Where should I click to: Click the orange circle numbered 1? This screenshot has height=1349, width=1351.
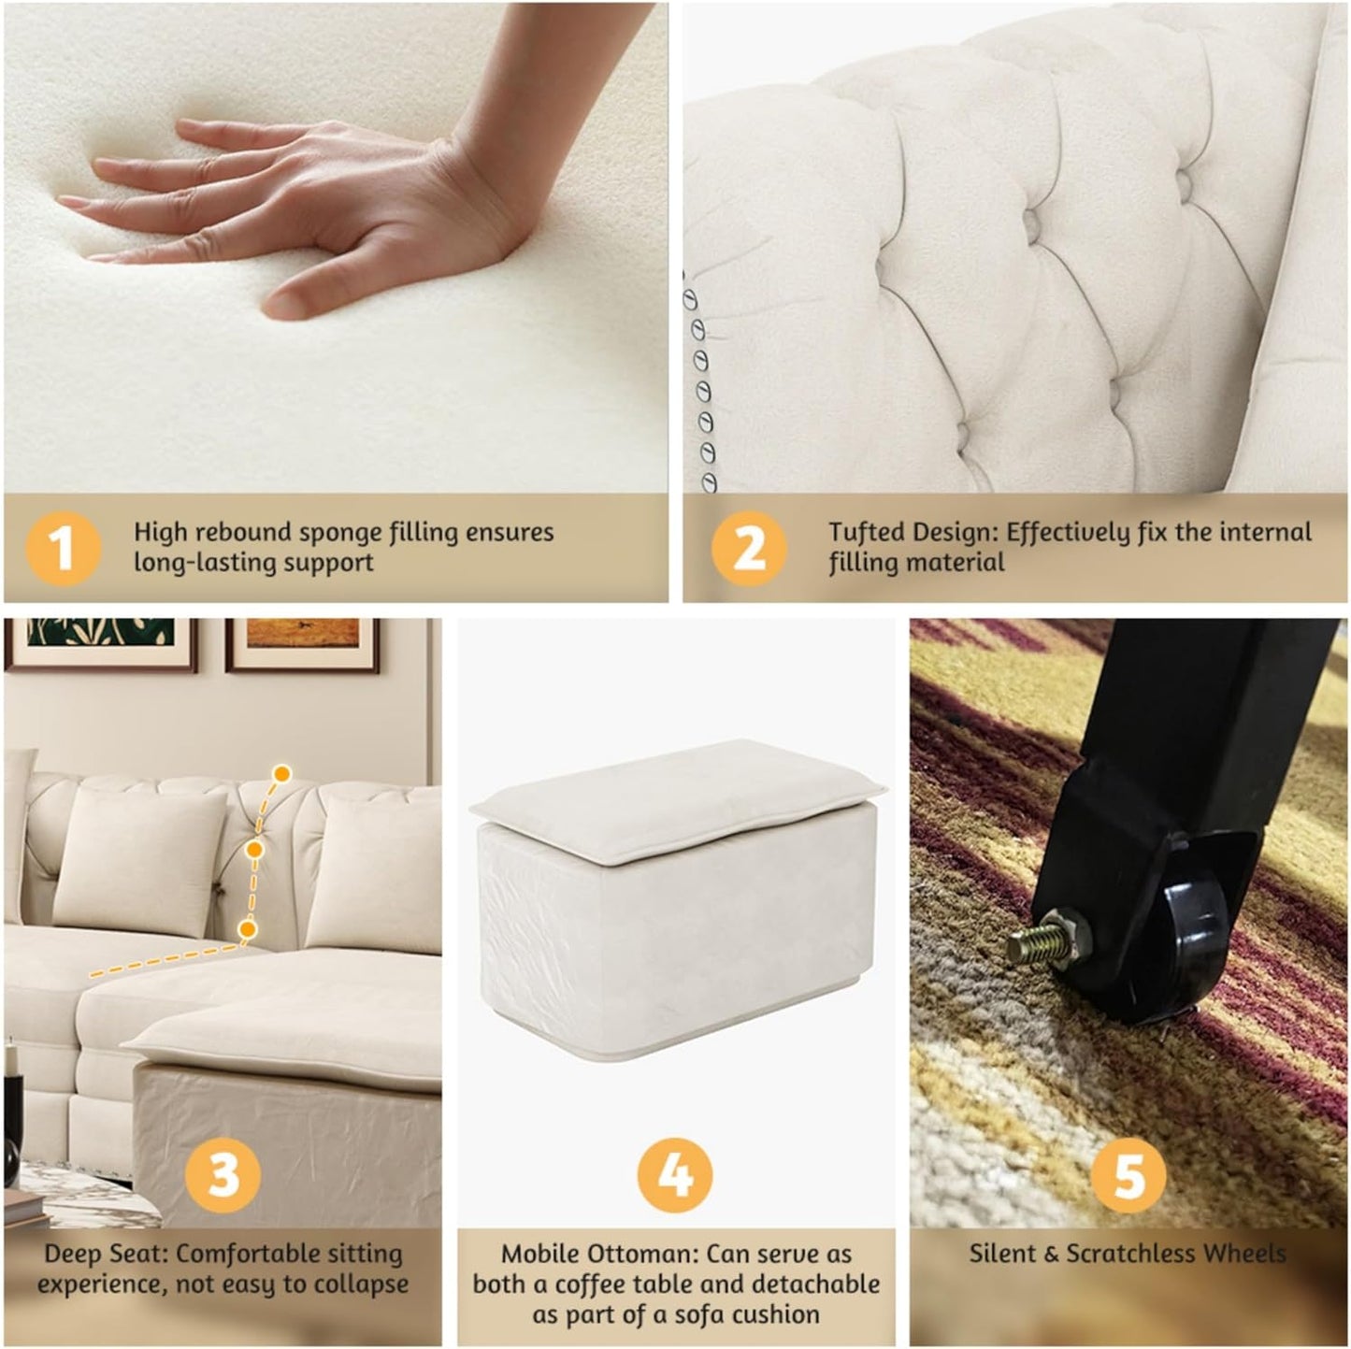coord(62,548)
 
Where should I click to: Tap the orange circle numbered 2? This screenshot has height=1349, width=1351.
coord(748,548)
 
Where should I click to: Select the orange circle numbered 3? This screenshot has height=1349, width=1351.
coord(223,1172)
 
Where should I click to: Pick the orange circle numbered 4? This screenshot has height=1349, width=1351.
coord(675,1174)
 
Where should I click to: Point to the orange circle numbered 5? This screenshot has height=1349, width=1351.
coord(1128,1172)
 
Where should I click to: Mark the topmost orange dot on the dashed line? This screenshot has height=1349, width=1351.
coord(281,773)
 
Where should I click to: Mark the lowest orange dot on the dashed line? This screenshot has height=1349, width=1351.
coord(248,928)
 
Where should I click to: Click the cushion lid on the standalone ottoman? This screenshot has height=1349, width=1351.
coord(673,799)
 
